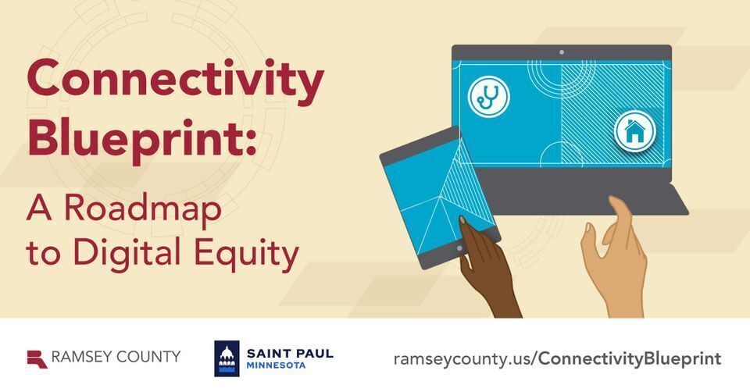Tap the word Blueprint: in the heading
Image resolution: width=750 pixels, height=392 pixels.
141,138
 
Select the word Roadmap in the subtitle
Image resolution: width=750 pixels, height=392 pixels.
143,209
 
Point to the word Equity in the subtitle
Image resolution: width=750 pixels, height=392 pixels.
246,253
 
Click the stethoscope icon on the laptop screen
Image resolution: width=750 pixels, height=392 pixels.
489,96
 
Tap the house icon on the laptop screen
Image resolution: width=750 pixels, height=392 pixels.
634,131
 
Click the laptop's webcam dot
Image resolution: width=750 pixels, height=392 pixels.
562,52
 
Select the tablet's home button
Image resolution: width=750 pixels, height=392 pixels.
459,248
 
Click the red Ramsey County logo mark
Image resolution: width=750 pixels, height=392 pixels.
37,359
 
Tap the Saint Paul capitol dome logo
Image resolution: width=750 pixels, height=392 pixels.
227,358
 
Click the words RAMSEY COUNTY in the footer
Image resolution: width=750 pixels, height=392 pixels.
116,357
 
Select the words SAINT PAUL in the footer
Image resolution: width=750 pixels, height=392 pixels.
290,354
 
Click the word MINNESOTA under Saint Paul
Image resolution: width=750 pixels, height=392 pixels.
276,365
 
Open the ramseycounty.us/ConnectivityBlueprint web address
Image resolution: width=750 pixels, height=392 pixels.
557,358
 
